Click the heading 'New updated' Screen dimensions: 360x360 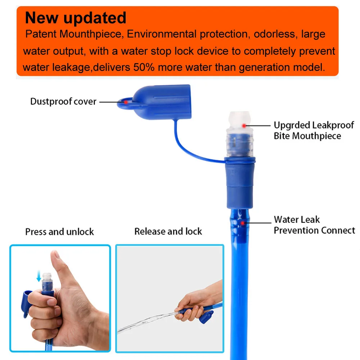(75, 18)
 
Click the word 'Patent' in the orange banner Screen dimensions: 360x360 (41, 35)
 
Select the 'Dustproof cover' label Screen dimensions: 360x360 (63, 102)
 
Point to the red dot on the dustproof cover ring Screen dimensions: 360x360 (126, 102)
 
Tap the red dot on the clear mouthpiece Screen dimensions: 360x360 (244, 126)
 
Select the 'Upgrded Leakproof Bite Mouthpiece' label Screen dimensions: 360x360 (314, 130)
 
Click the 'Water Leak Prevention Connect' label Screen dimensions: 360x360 (314, 225)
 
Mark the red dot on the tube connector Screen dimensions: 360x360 (243, 223)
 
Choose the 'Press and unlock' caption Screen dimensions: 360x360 (59, 231)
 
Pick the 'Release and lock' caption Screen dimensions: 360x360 (168, 231)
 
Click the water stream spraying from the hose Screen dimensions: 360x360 (144, 322)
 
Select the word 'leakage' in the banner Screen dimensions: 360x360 (56, 67)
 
